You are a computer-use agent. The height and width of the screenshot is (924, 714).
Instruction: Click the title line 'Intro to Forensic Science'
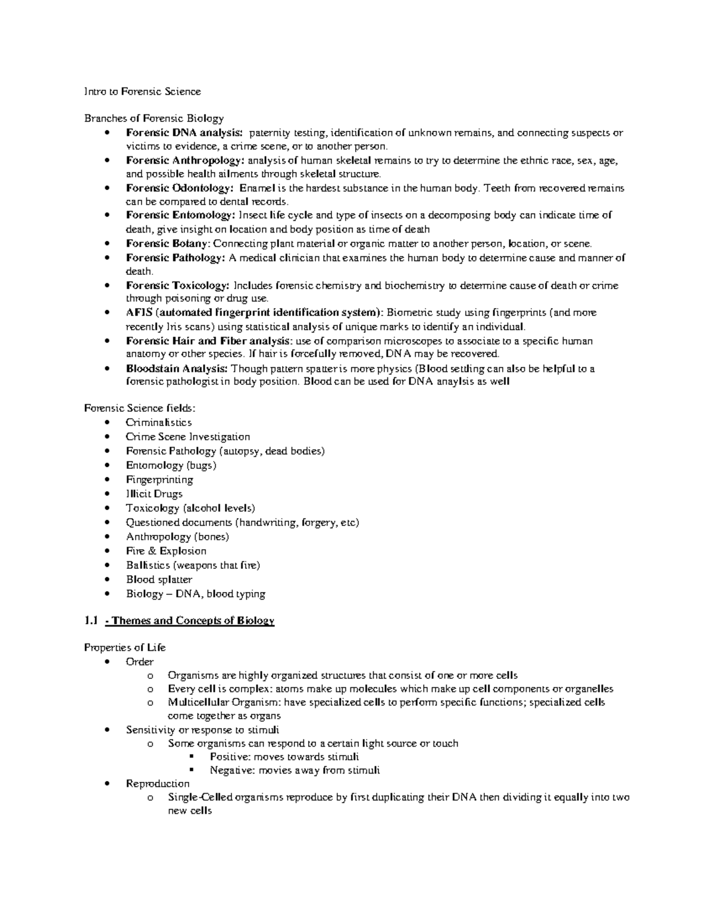[142, 92]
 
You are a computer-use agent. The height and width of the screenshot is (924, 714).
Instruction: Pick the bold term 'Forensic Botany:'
[168, 243]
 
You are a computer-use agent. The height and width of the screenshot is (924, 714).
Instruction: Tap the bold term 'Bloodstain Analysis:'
[177, 368]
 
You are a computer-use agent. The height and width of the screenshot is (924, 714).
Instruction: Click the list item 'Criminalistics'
[158, 422]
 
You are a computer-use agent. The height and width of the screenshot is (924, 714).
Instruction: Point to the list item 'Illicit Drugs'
[154, 494]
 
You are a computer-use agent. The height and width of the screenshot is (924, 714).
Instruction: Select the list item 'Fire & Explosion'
[166, 551]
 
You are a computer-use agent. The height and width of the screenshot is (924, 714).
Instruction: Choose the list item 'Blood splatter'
[159, 580]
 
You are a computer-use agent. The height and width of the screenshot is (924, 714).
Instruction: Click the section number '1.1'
[90, 621]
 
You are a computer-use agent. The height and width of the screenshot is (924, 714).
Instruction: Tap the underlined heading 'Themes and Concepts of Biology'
[193, 621]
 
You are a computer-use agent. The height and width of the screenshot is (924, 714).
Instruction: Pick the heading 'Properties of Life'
[125, 648]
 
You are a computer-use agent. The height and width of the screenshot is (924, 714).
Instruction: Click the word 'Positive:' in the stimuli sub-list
[230, 757]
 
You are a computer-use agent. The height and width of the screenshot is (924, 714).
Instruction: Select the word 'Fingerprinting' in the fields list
[159, 480]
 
